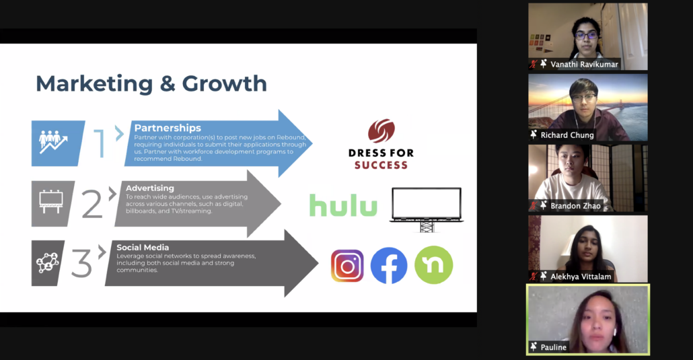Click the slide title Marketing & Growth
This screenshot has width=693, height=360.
tap(151, 83)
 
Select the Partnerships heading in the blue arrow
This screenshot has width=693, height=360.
tap(168, 128)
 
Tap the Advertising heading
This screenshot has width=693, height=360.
tap(150, 188)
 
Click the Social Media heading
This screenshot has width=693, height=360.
tap(143, 247)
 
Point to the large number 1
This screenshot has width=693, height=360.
tap(99, 143)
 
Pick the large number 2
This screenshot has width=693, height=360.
tap(92, 203)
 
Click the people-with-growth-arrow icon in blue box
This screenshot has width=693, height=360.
tap(53, 142)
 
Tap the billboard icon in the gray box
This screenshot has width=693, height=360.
tap(51, 202)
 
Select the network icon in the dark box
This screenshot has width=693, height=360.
tap(47, 262)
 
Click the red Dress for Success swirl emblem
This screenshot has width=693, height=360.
tap(381, 131)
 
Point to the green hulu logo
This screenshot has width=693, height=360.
tap(343, 205)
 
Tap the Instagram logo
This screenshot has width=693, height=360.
tap(347, 266)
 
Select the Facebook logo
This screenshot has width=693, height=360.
tap(389, 265)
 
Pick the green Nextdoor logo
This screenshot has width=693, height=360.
tap(433, 265)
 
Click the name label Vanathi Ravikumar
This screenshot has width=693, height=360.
tap(584, 64)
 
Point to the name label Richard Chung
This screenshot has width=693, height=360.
tap(567, 135)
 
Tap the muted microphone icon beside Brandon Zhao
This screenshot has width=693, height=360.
tap(534, 206)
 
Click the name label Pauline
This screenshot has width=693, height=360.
tap(553, 347)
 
